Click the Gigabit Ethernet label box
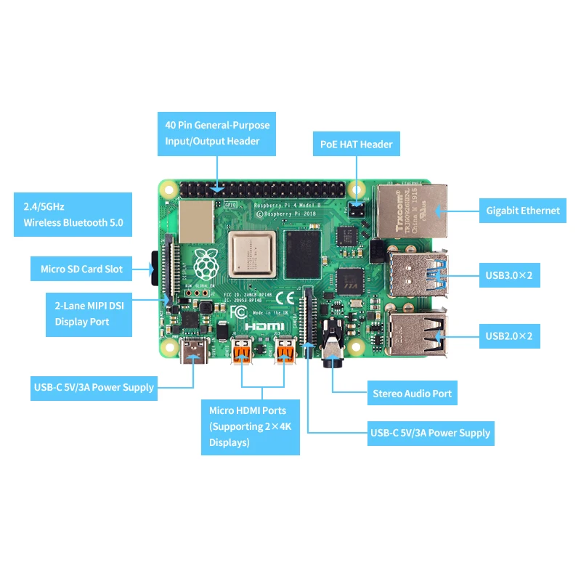click(x=523, y=211)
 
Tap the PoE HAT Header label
click(x=356, y=144)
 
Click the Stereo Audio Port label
click(x=412, y=394)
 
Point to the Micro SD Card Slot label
click(x=81, y=269)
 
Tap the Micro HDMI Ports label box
click(x=251, y=426)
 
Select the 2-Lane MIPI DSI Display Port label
click(x=88, y=314)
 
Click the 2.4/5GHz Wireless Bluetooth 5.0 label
click(x=73, y=214)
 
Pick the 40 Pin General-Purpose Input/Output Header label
click(x=217, y=134)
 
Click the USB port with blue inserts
click(x=418, y=275)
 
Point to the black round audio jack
click(x=331, y=348)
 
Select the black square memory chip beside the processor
click(x=302, y=254)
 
